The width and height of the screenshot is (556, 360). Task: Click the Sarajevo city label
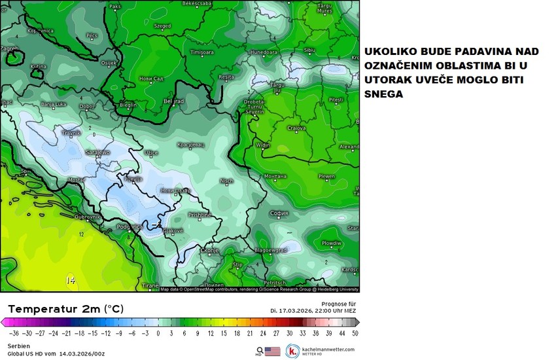click(97, 152)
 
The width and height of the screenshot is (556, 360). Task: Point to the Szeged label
click(162, 26)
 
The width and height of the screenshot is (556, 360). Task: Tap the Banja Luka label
click(55, 104)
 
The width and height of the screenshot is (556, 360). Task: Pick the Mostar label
click(77, 179)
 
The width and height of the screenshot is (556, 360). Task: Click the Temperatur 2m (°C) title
click(65, 308)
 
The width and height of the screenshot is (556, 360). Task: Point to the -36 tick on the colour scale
click(14, 332)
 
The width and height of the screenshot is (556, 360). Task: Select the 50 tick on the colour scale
click(355, 332)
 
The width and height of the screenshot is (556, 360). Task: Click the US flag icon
click(273, 351)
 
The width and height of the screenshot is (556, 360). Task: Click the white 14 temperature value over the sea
click(70, 280)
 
